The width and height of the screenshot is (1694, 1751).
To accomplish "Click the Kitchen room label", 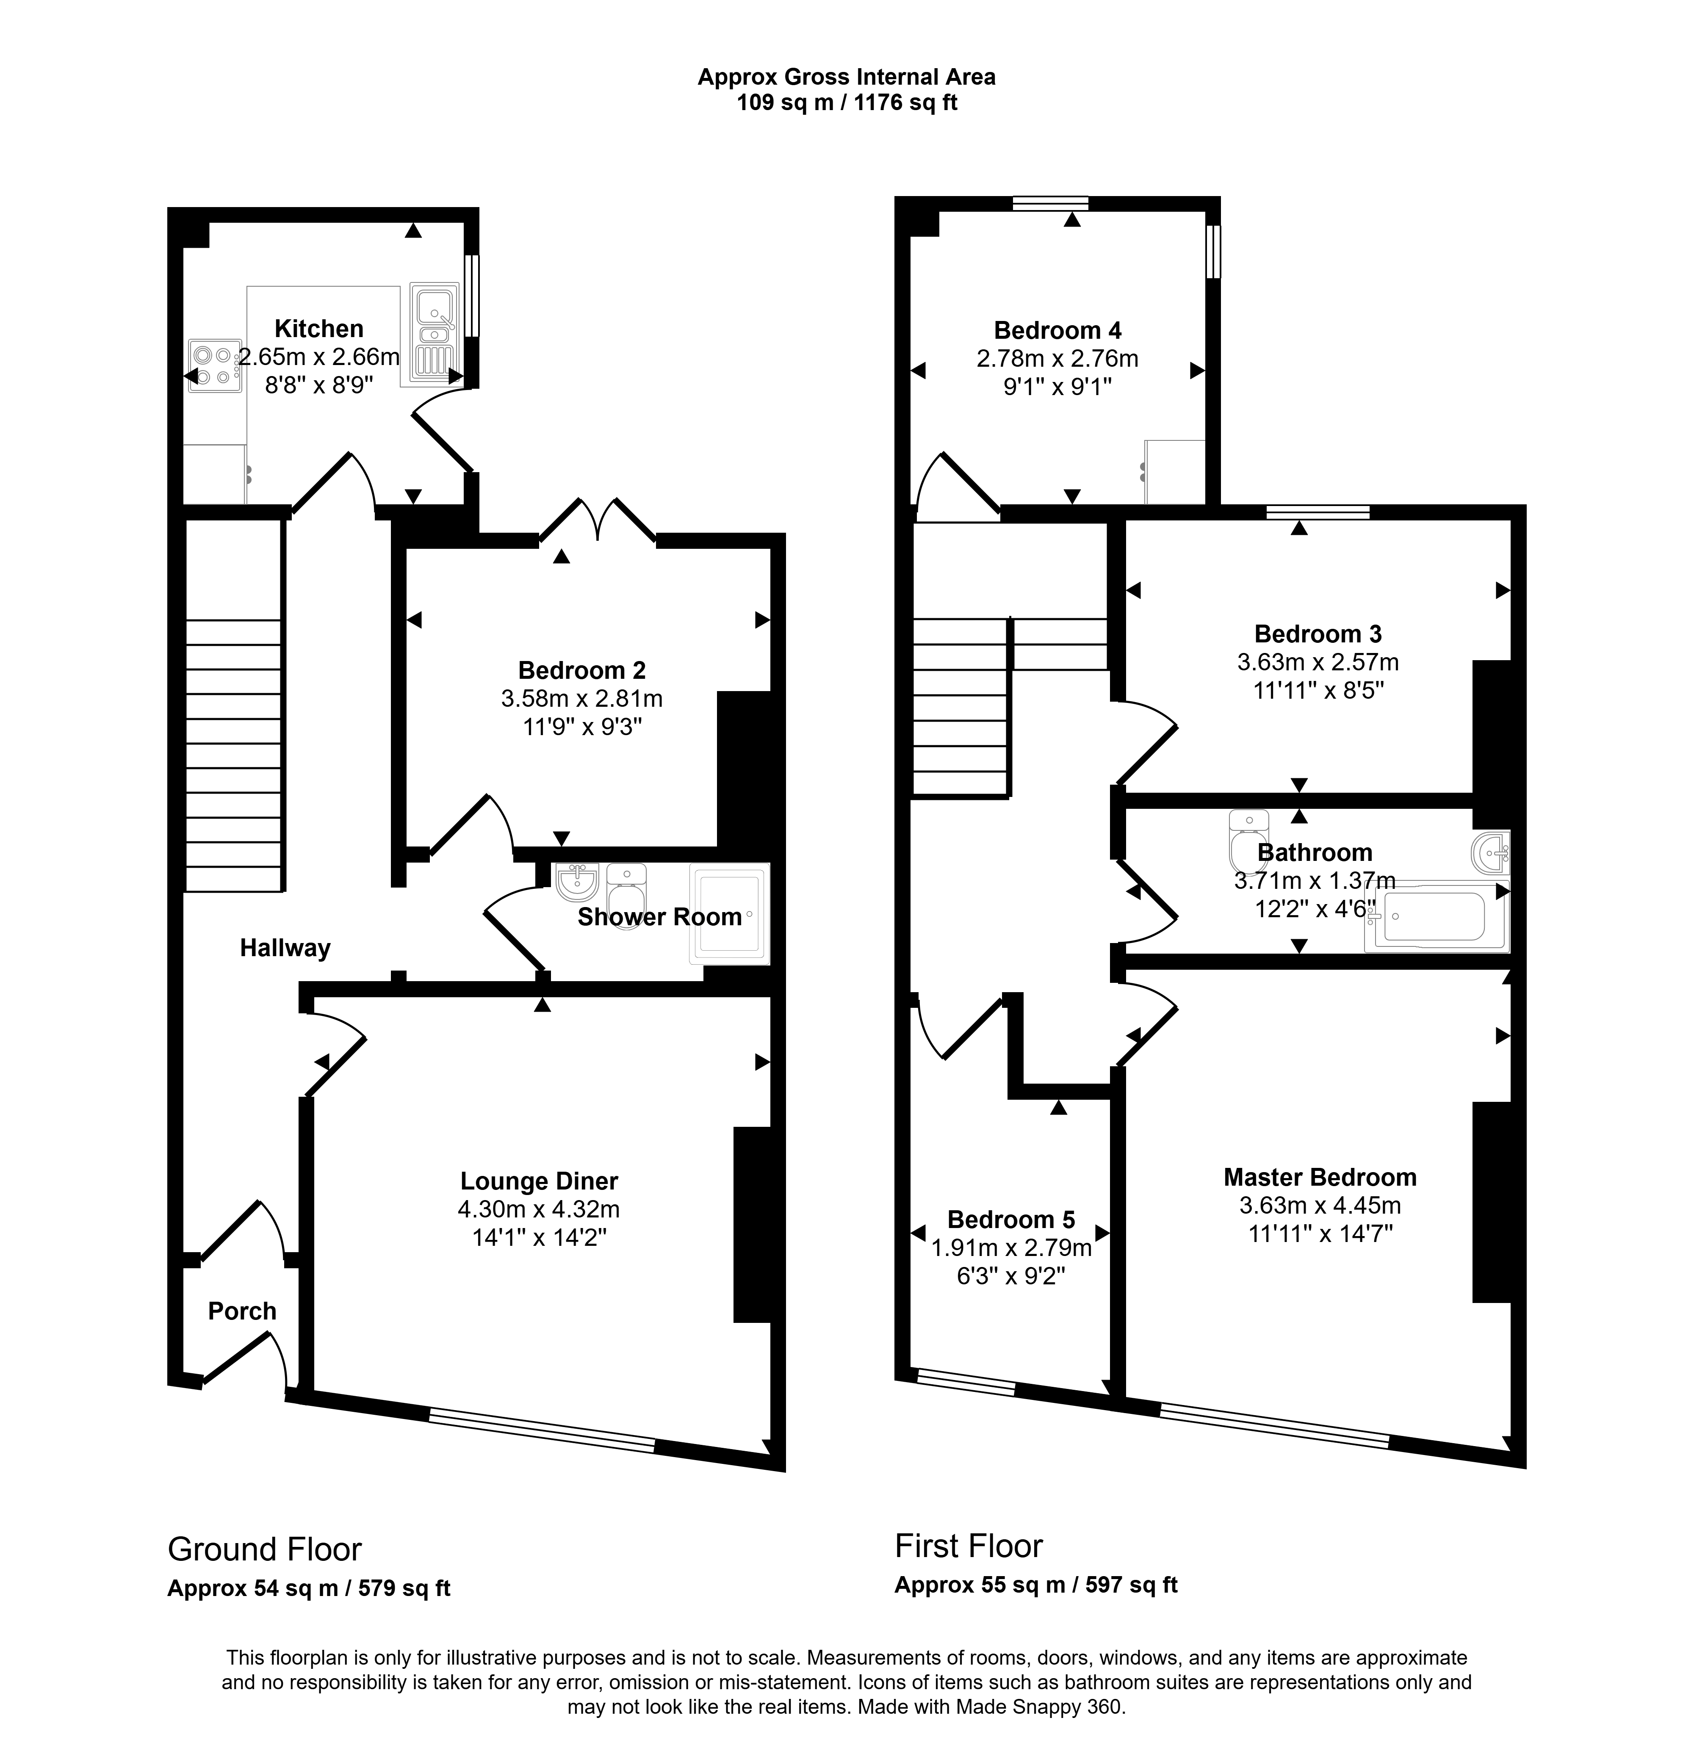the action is pyautogui.click(x=319, y=329).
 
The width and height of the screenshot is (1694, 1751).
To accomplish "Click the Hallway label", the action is pyautogui.click(x=285, y=948).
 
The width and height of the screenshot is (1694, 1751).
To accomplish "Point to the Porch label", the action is pyautogui.click(x=242, y=1311).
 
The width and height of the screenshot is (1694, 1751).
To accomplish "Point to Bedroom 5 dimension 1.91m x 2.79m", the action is pyautogui.click(x=1011, y=1247).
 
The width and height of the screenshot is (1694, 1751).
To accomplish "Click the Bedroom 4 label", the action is pyautogui.click(x=1058, y=331).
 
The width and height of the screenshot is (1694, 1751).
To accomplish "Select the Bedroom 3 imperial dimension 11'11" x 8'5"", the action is pyautogui.click(x=1318, y=691).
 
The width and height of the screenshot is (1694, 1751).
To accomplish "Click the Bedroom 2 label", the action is pyautogui.click(x=581, y=670).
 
